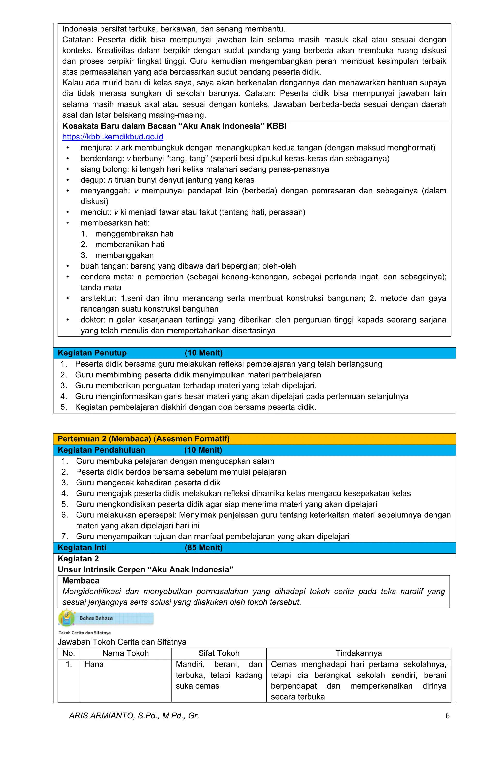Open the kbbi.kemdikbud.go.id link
coord(113,137)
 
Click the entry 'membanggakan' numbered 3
coord(124,255)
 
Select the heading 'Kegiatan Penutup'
coord(92,353)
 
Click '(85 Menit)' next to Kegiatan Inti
coord(203,548)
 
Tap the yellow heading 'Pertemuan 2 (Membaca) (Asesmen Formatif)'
coord(144,439)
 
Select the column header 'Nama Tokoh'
coord(125,653)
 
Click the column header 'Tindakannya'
coord(358,653)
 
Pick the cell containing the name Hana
coord(94,664)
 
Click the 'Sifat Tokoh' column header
coord(219,653)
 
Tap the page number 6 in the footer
coord(447,715)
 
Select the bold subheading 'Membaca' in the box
coord(81,581)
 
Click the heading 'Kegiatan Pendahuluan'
coord(101,450)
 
